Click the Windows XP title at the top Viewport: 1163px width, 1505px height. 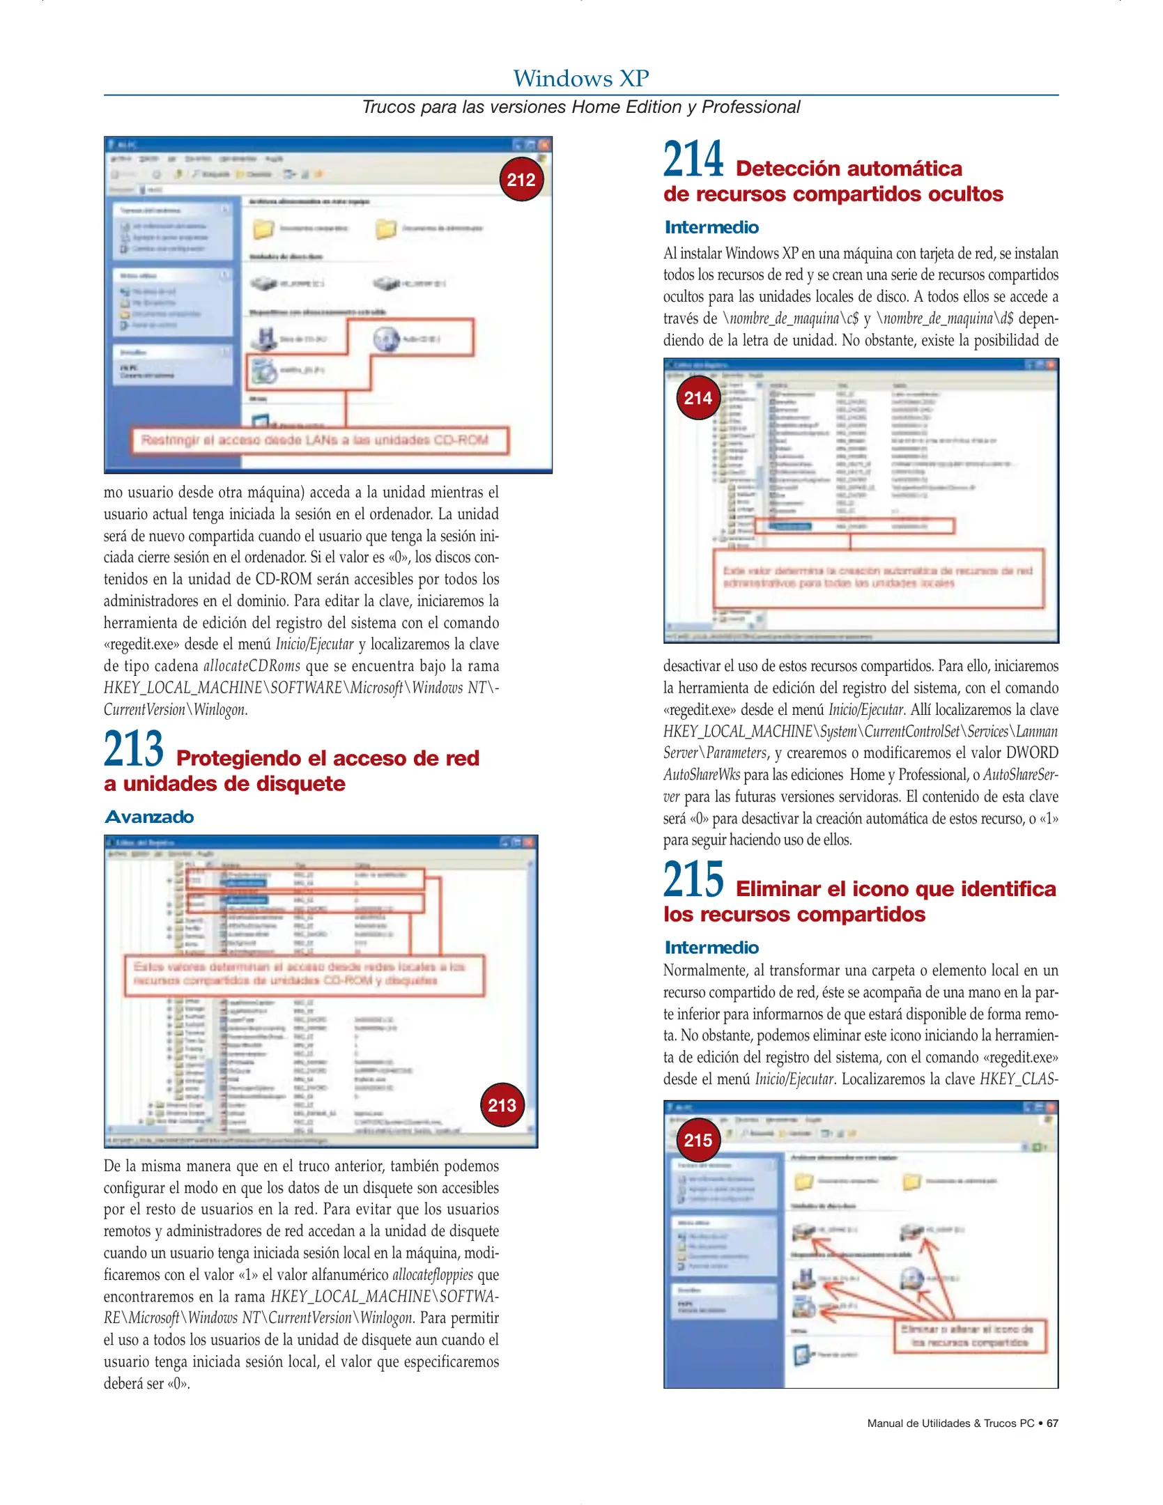(x=580, y=78)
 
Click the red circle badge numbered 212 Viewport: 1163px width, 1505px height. (x=521, y=180)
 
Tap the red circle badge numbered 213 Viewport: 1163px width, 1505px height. (x=502, y=1105)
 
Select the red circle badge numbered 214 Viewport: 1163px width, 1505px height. (x=698, y=398)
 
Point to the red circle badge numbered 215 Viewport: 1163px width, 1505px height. (x=698, y=1140)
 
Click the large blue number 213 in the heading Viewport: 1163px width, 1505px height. (x=134, y=749)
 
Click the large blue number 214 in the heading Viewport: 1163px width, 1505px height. (x=693, y=160)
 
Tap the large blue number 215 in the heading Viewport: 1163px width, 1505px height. (x=693, y=880)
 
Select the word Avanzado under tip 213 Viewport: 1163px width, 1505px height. (x=149, y=817)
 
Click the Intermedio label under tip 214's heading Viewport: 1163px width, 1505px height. (x=711, y=227)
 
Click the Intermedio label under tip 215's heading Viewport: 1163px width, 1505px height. (x=711, y=948)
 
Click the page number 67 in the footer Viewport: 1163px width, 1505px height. (x=1052, y=1423)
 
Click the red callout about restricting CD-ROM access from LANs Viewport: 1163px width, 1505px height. (x=320, y=440)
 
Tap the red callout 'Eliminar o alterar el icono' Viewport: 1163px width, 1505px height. (x=970, y=1336)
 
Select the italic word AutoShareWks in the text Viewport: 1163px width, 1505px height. (x=702, y=775)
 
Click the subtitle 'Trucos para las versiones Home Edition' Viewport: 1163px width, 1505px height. (x=580, y=107)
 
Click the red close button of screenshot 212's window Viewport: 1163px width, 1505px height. (x=544, y=144)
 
